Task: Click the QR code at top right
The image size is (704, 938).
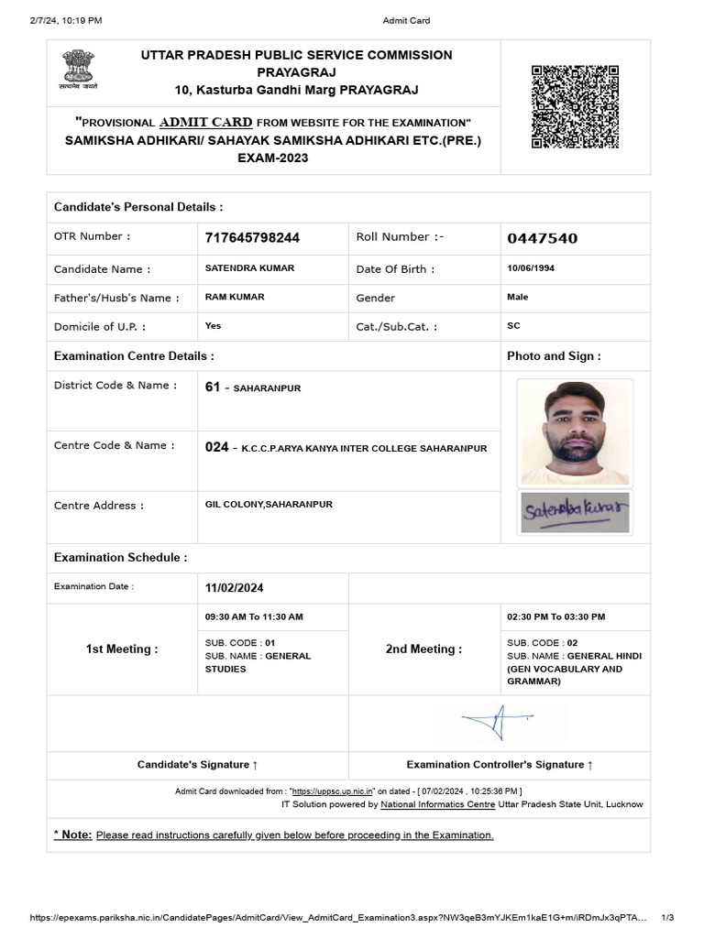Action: click(x=575, y=106)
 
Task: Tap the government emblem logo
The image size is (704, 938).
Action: click(x=80, y=69)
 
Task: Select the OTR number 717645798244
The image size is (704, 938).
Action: click(x=252, y=238)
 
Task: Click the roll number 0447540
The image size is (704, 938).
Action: click(x=543, y=238)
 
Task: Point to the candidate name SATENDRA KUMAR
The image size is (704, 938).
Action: click(x=250, y=268)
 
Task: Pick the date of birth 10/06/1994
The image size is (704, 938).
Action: click(x=531, y=268)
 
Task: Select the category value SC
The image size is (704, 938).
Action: click(x=513, y=325)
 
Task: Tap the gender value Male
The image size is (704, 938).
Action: click(x=518, y=297)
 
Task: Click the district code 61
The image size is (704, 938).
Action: click(x=213, y=387)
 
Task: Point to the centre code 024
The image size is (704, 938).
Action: click(x=216, y=448)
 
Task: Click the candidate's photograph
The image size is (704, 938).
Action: click(x=575, y=432)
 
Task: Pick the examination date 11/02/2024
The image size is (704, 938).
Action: click(x=235, y=588)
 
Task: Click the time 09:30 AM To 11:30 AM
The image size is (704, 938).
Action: click(x=254, y=617)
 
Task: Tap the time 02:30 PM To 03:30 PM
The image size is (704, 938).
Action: click(x=555, y=617)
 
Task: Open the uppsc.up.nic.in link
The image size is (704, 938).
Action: click(x=333, y=791)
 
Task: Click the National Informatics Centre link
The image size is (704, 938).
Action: click(x=438, y=804)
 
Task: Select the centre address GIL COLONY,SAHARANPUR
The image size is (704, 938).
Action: click(x=269, y=505)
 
